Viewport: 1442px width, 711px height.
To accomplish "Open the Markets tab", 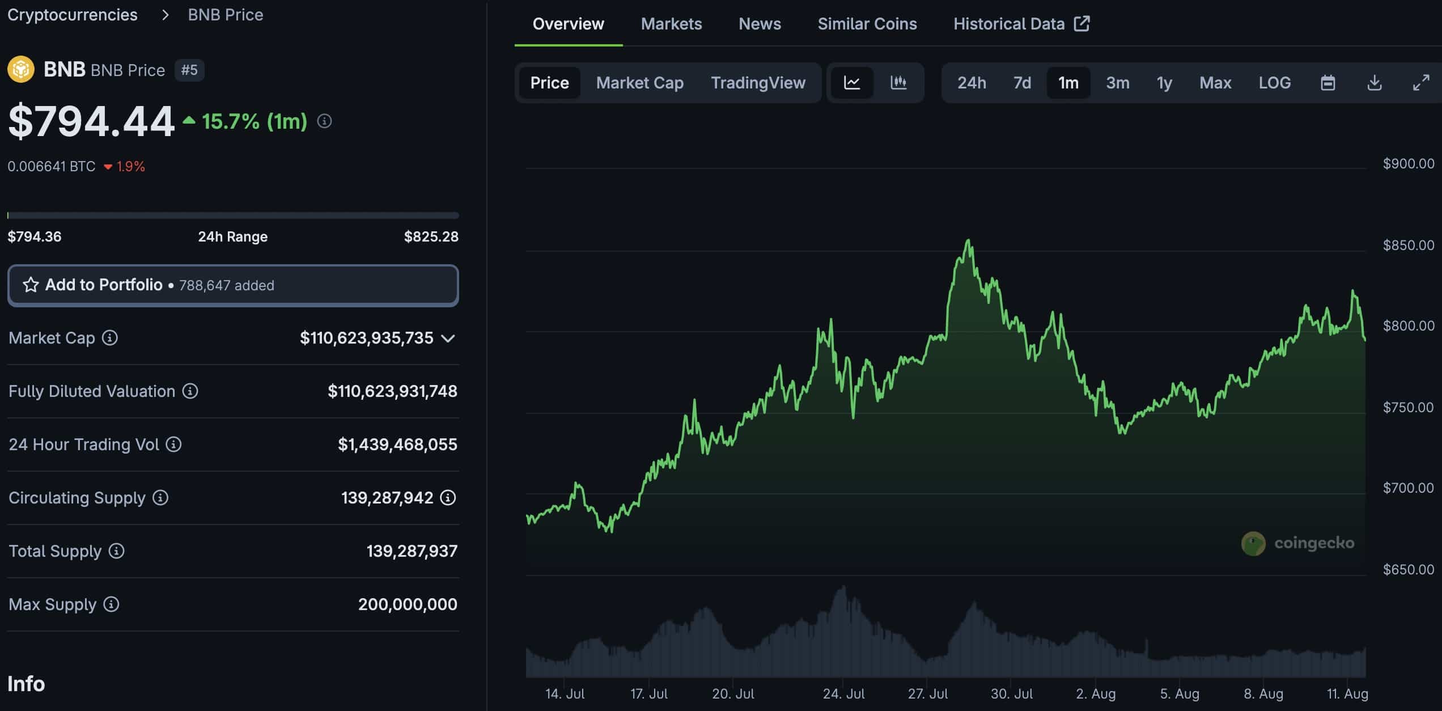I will (671, 24).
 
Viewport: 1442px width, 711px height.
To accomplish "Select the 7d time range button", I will (1022, 83).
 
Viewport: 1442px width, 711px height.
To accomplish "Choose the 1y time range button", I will (1164, 83).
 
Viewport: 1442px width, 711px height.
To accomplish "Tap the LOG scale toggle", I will (1274, 83).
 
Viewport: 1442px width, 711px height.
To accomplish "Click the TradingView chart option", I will (758, 83).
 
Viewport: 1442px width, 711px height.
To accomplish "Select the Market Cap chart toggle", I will (639, 83).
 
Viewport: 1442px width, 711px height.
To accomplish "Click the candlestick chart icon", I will (898, 83).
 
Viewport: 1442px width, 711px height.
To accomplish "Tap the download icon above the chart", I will (1374, 83).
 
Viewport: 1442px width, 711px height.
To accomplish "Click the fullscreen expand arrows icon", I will (1420, 83).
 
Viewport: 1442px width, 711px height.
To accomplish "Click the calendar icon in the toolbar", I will (1328, 83).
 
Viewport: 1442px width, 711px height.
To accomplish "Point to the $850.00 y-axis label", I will (1408, 245).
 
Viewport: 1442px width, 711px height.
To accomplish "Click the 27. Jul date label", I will (927, 693).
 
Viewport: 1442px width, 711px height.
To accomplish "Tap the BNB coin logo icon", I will (21, 70).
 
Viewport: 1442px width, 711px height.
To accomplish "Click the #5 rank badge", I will (189, 70).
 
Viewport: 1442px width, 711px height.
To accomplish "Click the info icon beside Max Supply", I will (111, 604).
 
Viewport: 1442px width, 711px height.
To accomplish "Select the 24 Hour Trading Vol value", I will (397, 445).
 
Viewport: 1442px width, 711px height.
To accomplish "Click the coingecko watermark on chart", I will (1298, 543).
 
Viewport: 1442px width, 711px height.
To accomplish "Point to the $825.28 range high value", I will (431, 236).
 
